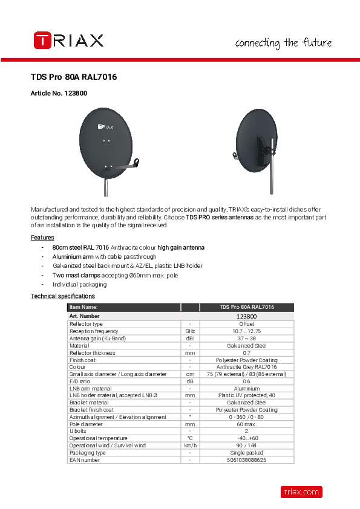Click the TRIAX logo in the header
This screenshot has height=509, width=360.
click(x=68, y=41)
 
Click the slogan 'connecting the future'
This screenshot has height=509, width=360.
click(x=283, y=43)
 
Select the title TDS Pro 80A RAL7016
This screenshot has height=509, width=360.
click(x=74, y=77)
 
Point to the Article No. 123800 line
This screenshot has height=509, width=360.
click(x=59, y=94)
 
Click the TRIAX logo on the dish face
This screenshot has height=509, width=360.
click(x=106, y=127)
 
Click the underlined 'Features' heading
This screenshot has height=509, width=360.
click(x=42, y=238)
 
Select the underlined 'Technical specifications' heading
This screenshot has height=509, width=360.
click(x=63, y=296)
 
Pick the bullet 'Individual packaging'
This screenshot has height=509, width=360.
click(x=79, y=284)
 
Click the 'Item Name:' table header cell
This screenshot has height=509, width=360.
click(x=83, y=308)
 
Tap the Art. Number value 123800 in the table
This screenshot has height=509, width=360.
click(x=246, y=316)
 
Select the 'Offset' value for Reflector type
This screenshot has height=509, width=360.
click(x=246, y=324)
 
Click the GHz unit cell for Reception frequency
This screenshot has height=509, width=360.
click(x=190, y=331)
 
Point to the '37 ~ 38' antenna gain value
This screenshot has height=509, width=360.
click(x=246, y=339)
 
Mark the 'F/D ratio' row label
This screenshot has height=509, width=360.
click(x=80, y=381)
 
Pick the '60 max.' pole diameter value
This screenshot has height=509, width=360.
click(x=246, y=424)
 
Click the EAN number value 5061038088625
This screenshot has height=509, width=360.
click(x=246, y=460)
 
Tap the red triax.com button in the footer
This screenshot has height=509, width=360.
click(x=301, y=492)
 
